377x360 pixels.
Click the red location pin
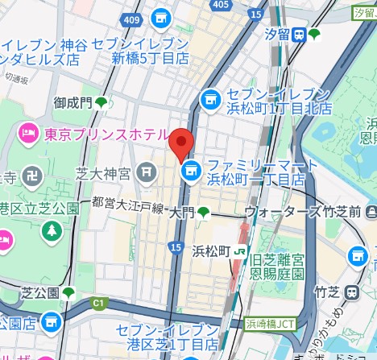point(181,143)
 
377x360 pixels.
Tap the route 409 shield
point(133,19)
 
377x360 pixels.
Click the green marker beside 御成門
point(101,101)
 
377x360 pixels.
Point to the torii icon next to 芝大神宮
point(145,171)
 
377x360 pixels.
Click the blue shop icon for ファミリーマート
point(190,170)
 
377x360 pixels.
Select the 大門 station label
point(181,213)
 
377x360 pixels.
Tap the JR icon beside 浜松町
point(240,251)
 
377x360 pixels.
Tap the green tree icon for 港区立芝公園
point(52,230)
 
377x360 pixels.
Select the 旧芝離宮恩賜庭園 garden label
point(277,267)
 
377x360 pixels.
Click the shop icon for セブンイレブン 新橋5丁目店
point(161,17)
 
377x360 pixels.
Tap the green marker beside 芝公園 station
point(69,292)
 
